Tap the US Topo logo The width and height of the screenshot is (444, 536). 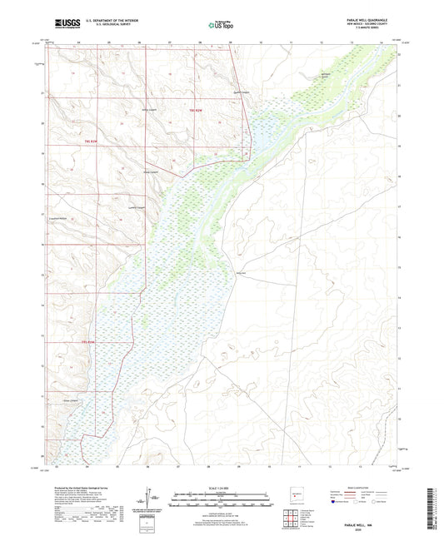point(218,26)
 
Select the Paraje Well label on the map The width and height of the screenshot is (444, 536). point(241,274)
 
